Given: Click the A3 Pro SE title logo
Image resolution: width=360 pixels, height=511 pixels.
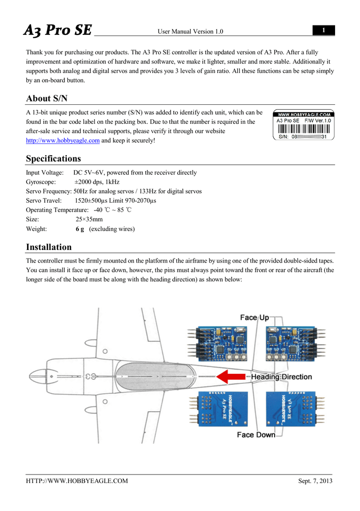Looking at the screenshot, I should [58, 30].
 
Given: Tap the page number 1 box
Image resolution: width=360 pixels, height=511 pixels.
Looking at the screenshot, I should [324, 31].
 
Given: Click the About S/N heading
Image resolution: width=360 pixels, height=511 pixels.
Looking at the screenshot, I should [46, 98].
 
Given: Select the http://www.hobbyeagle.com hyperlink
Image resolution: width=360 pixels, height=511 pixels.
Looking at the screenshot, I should [63, 141].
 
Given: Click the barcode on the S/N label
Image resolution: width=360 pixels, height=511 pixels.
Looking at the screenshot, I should [304, 128].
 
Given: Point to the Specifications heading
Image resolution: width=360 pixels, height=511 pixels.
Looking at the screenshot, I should [53, 159].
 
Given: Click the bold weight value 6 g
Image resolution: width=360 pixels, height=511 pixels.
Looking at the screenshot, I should [80, 229].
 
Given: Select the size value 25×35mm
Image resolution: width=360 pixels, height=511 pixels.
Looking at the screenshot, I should [89, 220].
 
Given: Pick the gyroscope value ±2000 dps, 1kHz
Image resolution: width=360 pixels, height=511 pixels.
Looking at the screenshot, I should [97, 182].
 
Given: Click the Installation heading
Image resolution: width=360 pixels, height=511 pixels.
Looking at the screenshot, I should [48, 247].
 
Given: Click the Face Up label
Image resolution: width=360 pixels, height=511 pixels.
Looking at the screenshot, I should [254, 318].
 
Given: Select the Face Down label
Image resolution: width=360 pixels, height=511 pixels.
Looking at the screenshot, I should [256, 435].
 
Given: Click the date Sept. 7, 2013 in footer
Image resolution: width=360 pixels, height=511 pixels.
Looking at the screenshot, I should [315, 481].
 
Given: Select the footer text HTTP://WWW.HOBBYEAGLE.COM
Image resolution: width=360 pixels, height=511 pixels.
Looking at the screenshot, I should [77, 481].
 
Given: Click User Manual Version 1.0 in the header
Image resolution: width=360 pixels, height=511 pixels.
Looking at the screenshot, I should [190, 32].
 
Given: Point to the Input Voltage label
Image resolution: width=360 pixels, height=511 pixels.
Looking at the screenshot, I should [44, 173].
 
